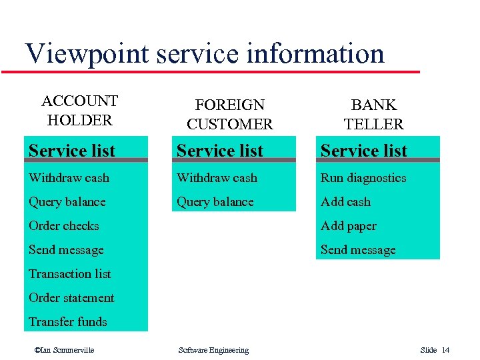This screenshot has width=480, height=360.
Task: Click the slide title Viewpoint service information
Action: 204,53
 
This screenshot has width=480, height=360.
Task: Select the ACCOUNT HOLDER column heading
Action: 79,111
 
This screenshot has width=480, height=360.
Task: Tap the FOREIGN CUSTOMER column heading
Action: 229,115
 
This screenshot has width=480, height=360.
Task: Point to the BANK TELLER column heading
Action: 373,115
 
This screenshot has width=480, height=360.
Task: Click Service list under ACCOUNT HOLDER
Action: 72,151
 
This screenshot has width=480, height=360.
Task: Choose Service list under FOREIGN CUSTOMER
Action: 220,151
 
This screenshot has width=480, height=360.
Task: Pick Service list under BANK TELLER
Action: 364,151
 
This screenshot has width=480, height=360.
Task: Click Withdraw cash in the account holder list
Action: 69,178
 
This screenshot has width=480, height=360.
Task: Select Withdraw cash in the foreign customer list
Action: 217,178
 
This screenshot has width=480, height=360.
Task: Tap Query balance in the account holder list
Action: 67,202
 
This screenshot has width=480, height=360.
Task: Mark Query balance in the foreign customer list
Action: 215,202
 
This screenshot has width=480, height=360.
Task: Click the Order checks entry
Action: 63,226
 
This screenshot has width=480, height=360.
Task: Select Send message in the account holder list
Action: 66,250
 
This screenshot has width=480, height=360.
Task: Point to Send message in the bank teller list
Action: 358,250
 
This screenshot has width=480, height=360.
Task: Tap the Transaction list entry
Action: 69,274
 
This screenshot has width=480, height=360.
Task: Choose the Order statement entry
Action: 71,298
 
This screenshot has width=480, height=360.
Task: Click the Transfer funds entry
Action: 67,322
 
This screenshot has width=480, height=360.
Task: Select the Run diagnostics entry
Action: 363,178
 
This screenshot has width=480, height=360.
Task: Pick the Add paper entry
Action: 348,226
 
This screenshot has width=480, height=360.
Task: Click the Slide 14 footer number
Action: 435,351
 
